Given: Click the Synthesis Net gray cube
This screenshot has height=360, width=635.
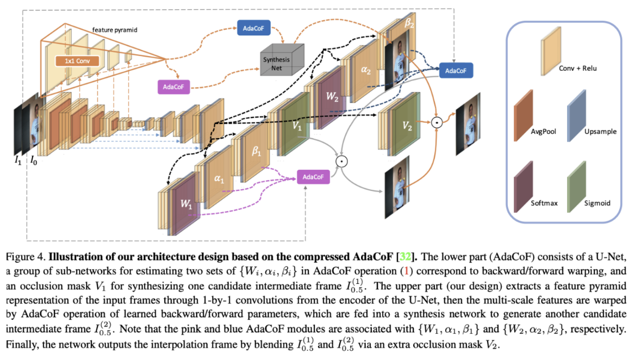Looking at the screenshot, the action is click(x=282, y=61).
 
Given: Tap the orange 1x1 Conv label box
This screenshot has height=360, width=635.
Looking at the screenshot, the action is click(x=77, y=61).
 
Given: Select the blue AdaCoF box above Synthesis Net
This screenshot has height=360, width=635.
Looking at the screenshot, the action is click(x=253, y=28).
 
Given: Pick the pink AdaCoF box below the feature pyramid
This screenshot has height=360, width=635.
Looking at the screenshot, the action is click(x=173, y=86).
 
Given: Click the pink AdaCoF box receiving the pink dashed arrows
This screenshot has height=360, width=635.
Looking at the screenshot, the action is click(x=313, y=177).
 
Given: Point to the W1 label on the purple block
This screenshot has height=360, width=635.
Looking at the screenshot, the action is click(x=186, y=204).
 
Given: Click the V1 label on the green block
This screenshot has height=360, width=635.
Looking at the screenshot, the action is click(x=297, y=126).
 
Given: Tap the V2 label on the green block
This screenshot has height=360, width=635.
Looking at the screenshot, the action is click(x=407, y=126).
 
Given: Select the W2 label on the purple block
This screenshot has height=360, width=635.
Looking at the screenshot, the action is click(x=332, y=96).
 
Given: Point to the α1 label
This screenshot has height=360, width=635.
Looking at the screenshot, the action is click(x=219, y=178).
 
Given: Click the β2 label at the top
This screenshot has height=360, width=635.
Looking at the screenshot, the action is click(x=409, y=22).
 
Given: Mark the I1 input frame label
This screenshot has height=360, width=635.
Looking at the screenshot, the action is click(x=18, y=160).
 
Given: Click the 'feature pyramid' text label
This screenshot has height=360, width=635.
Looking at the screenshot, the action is click(x=115, y=30).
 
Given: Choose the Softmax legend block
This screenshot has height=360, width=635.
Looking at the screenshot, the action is click(x=523, y=187).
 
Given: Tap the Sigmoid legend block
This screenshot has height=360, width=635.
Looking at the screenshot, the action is click(x=576, y=187).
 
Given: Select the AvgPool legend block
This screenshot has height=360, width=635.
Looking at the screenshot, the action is click(x=523, y=115).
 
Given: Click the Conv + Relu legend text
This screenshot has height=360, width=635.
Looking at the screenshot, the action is click(x=577, y=69).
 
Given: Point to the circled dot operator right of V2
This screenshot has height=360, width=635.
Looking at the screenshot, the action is click(x=437, y=122).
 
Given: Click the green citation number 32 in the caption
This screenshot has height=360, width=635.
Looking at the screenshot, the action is click(x=405, y=257).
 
